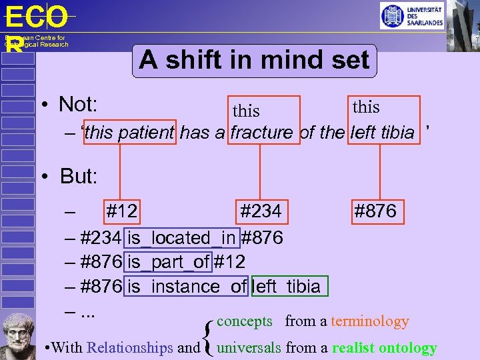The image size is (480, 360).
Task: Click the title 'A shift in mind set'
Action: pos(254,61)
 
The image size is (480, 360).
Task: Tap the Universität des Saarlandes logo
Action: pos(411,16)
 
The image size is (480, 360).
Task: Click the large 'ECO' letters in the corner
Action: pos(37,17)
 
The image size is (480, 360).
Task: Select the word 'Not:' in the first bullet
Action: pos(79,105)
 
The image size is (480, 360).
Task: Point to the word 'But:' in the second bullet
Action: pos(79,177)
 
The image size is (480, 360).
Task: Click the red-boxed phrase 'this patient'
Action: pos(130,133)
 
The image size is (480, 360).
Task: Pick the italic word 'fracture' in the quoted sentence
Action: pos(262,133)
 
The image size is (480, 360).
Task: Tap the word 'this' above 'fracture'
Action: pos(246,111)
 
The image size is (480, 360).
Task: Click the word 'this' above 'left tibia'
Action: pos(366,107)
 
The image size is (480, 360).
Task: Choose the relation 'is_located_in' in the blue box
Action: pos(182,237)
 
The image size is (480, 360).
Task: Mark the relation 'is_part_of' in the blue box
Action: pos(168,262)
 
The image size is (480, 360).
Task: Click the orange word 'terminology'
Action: pos(369,321)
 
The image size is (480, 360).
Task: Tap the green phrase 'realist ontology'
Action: pos(385,347)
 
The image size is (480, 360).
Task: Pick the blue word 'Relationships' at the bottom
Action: pos(130,347)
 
